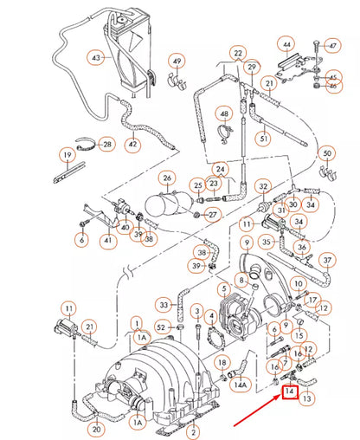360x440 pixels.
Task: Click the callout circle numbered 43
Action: (x=97, y=59)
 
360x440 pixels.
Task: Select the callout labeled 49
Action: (x=177, y=61)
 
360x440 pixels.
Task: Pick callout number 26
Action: (x=168, y=178)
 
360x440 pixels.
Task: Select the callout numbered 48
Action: (x=223, y=114)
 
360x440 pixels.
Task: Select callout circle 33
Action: (x=164, y=305)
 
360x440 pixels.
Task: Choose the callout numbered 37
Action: (x=327, y=261)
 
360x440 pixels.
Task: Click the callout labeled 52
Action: (x=162, y=327)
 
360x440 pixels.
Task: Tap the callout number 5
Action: (x=223, y=290)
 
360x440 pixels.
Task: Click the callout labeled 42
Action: (x=132, y=145)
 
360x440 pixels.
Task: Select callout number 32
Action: (x=264, y=185)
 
